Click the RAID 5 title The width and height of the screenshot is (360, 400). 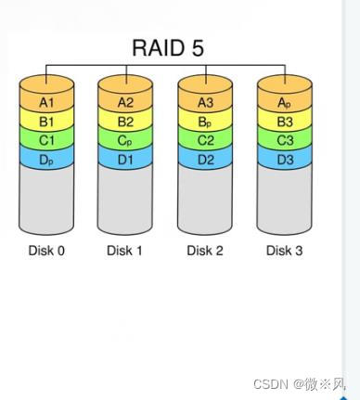[168, 47]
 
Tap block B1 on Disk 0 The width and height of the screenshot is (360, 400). [46, 121]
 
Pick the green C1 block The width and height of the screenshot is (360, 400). [46, 140]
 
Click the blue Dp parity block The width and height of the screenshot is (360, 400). [46, 159]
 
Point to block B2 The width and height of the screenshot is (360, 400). [126, 121]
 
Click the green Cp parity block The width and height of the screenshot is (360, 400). [126, 140]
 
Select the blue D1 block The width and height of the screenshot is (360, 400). [126, 159]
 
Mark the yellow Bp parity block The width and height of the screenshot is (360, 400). [205, 121]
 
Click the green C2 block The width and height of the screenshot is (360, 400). [205, 140]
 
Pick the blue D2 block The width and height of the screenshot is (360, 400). [205, 159]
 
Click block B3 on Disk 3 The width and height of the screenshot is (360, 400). [285, 121]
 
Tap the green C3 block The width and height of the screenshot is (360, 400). [285, 140]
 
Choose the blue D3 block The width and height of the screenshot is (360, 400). [285, 159]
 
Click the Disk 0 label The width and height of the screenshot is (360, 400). [46, 251]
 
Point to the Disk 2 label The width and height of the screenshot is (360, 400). [205, 251]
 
